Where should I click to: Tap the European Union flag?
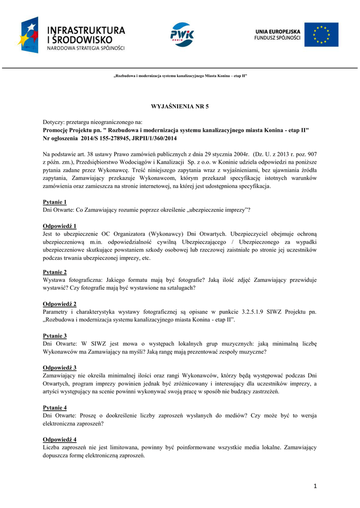point(321,34)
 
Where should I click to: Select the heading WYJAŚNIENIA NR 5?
point(180,107)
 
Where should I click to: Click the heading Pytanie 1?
point(55,202)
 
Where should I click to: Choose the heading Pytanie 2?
point(55,272)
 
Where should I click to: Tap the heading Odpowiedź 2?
point(60,304)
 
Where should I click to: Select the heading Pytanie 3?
point(55,336)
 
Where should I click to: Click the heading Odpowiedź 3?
point(60,368)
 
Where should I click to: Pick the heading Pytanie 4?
point(55,407)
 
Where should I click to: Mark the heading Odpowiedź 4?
point(60,440)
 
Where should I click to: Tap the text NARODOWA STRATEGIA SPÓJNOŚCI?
point(86,48)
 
